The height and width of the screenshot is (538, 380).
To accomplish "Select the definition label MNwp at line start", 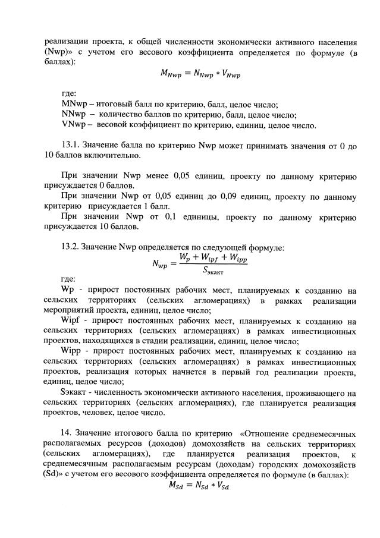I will (73, 104).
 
